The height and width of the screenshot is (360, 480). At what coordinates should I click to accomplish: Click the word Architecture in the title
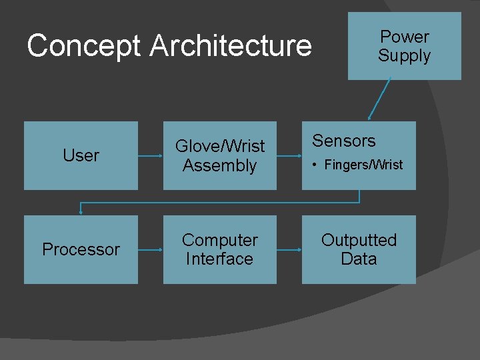(x=231, y=47)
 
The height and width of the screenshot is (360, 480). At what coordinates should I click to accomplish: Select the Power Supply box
(x=404, y=46)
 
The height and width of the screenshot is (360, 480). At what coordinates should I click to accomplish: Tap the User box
(x=81, y=155)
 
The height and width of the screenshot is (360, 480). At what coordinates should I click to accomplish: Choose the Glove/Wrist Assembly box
(x=219, y=155)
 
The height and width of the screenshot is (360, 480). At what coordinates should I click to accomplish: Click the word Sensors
(x=344, y=141)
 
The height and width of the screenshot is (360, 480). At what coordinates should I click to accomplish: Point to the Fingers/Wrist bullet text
(x=363, y=165)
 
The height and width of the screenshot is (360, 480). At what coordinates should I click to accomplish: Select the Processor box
(x=81, y=249)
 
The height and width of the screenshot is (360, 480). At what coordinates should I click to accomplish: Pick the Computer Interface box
(x=219, y=249)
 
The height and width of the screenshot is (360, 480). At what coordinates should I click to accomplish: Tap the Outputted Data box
(x=359, y=249)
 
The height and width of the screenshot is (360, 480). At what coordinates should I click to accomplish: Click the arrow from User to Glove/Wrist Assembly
(x=151, y=156)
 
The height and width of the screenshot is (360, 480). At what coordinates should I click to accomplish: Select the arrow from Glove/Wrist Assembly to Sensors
(x=289, y=156)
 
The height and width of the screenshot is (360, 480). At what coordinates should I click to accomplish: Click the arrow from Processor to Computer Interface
(x=151, y=250)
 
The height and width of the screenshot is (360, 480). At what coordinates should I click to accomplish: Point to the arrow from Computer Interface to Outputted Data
(x=289, y=250)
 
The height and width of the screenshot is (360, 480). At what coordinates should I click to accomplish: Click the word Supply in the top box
(x=404, y=55)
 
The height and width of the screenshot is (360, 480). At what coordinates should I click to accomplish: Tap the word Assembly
(x=219, y=165)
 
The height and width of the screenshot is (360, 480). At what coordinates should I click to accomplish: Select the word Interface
(x=219, y=259)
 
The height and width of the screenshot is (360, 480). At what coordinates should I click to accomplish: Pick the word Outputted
(x=359, y=240)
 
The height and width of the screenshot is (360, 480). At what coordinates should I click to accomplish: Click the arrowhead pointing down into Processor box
(x=81, y=211)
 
